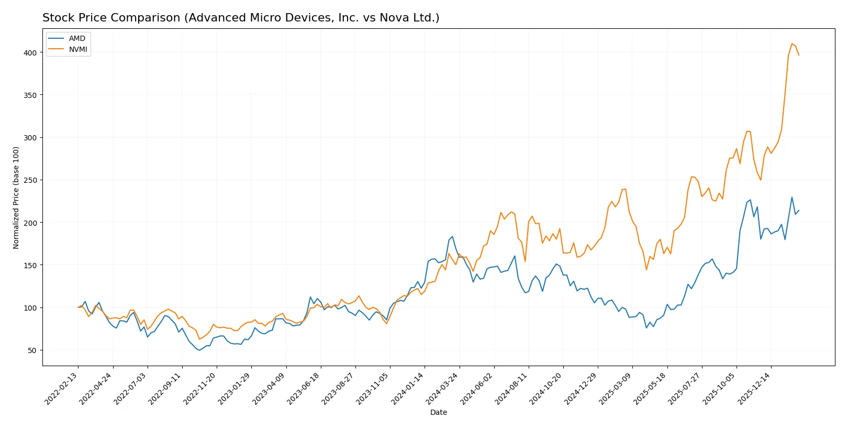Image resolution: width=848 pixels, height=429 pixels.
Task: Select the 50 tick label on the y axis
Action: tap(32, 350)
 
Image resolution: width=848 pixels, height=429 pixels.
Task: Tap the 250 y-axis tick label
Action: tap(30, 180)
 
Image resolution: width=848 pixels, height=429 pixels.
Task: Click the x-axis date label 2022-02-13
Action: tap(62, 389)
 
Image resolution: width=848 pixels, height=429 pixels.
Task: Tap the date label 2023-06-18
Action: tap(304, 389)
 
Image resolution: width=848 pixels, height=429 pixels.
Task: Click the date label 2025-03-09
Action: tap(616, 389)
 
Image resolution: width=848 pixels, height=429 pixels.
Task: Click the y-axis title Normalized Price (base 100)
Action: tap(16, 197)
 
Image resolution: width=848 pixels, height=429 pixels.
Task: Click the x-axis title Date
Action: tap(439, 412)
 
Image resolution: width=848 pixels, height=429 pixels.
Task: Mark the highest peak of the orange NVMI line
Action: tap(792, 43)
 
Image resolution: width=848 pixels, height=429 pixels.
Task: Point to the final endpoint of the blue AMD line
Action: tap(799, 211)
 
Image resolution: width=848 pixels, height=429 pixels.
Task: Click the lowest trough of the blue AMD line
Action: tap(199, 350)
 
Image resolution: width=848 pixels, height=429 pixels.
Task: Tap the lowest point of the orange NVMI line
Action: tap(199, 339)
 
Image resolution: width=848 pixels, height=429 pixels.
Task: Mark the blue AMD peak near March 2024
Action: tap(452, 237)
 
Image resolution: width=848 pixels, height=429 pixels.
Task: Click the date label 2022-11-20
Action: tap(200, 389)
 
